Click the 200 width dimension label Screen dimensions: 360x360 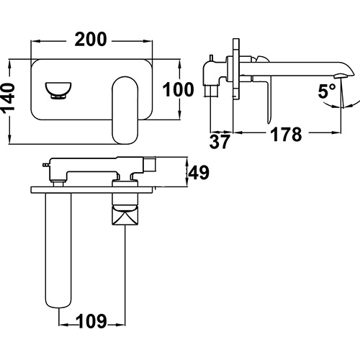tap(91, 39)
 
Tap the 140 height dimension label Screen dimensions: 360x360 tap(8, 97)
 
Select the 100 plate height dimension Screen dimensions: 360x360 tap(178, 89)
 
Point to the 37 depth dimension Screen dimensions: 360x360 tap(220, 142)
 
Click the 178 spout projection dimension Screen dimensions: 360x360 tap(286, 135)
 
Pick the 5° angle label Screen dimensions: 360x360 tap(327, 91)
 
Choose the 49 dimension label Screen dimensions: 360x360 tap(199, 172)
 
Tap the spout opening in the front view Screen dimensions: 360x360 tap(58, 90)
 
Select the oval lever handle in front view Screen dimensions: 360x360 tap(125, 110)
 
